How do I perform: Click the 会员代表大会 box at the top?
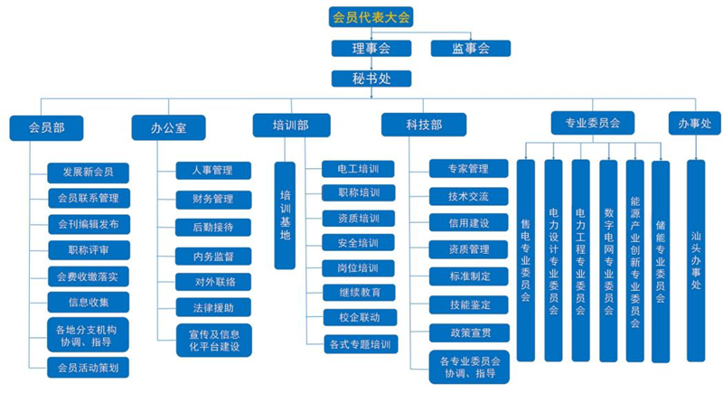coord(371,16)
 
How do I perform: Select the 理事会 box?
coord(371,49)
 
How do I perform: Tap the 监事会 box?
coord(471,49)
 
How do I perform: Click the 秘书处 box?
coord(371,80)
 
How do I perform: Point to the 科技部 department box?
coord(423,125)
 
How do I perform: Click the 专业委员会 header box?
coord(592,123)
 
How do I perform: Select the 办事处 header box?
coord(694,123)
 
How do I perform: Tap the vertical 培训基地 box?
coord(285,215)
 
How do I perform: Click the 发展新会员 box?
coord(89,172)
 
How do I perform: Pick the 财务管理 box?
coord(212,199)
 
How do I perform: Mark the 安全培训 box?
coord(358,243)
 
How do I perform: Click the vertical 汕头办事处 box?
coord(695,260)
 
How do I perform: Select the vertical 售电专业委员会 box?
coord(526,260)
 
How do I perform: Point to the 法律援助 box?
coord(212,308)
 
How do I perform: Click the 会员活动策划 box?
coord(89,367)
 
